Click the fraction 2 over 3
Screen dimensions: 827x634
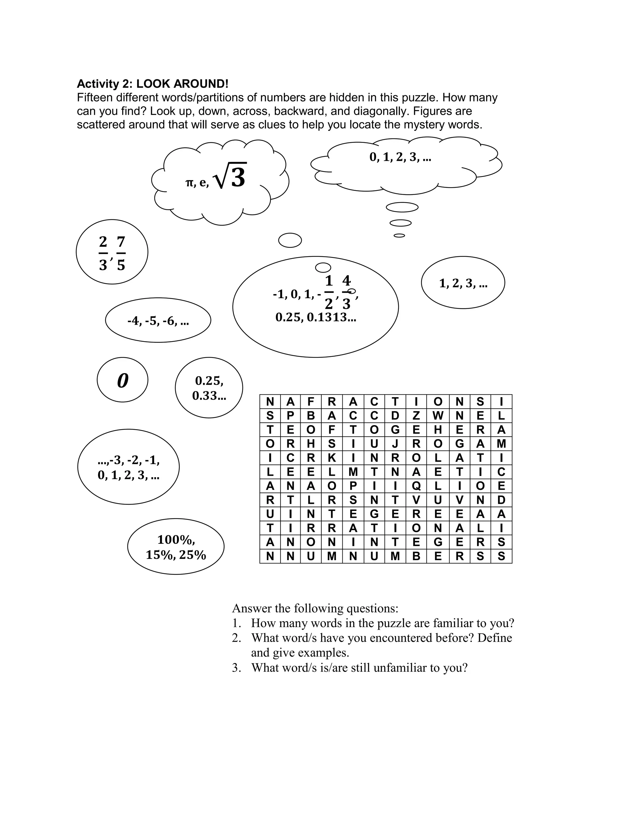[x=103, y=253]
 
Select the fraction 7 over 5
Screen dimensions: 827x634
[x=121, y=253]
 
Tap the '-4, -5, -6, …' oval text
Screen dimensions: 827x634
[x=158, y=321]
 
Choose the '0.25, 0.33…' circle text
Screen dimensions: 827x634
[x=209, y=388]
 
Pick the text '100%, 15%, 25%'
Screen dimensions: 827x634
[x=176, y=547]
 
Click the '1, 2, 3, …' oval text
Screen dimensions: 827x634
[x=463, y=283]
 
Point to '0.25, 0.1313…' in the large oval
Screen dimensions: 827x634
[x=315, y=317]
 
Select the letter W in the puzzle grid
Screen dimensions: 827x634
[x=438, y=416]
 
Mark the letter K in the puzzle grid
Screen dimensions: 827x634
[x=332, y=458]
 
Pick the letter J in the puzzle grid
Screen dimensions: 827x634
[x=395, y=444]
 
